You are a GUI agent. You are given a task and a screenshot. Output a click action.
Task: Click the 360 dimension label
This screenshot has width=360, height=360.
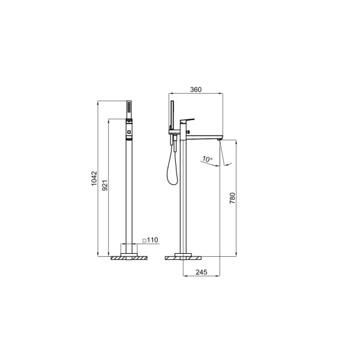196,89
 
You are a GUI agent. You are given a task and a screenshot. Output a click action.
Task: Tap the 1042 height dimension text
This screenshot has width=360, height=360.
94,179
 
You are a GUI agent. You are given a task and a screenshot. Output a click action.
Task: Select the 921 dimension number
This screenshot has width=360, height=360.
104,185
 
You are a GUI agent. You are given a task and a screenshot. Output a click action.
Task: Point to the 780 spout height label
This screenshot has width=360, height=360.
232,199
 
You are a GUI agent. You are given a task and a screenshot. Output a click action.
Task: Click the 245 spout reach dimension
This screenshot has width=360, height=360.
202,272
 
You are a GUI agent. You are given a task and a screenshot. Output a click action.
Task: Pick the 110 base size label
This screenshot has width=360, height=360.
152,240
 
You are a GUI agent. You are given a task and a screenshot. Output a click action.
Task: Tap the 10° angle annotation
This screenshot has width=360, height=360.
207,159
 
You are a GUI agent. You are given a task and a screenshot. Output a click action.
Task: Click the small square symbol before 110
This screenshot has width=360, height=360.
145,241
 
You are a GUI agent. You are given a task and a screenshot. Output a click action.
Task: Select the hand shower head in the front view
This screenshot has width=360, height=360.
129,110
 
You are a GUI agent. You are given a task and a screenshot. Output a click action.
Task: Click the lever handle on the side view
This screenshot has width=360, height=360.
187,121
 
